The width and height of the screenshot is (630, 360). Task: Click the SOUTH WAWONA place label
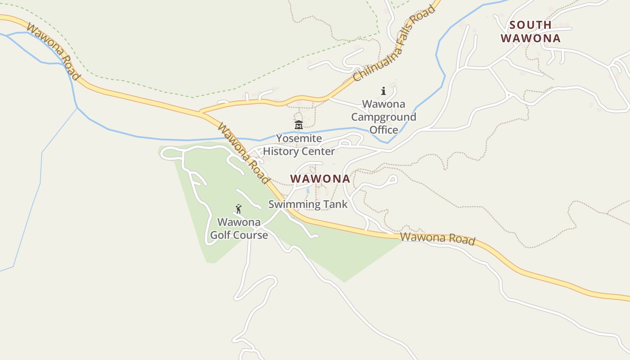click(x=531, y=31)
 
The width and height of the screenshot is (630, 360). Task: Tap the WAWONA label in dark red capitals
click(x=320, y=179)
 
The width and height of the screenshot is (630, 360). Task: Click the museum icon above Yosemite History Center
click(x=298, y=125)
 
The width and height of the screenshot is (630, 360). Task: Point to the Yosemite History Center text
click(x=299, y=144)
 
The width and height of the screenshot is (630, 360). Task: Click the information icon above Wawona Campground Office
click(x=383, y=91)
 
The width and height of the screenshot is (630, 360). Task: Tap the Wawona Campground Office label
click(x=383, y=117)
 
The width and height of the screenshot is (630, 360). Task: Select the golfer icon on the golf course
click(x=238, y=209)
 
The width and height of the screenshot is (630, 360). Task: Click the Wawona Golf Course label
click(x=239, y=229)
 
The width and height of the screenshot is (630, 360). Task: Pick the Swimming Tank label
click(x=308, y=204)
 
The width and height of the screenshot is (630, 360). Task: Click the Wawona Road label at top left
click(x=53, y=52)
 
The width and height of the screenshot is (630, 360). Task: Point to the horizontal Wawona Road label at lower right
click(x=437, y=238)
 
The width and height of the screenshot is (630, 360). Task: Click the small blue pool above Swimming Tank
click(x=308, y=191)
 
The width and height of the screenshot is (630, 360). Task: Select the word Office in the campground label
click(x=384, y=130)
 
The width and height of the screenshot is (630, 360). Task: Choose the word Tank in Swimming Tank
click(x=335, y=204)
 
